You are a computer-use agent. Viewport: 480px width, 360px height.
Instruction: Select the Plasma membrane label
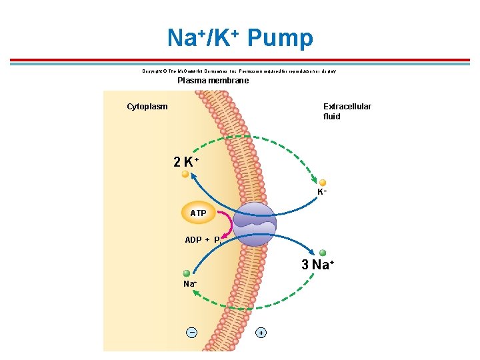click(x=213, y=81)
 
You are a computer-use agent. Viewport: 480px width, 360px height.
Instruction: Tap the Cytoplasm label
click(x=147, y=107)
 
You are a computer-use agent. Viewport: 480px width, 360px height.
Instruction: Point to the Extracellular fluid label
click(x=347, y=111)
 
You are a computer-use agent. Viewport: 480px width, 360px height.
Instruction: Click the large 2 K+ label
click(x=186, y=162)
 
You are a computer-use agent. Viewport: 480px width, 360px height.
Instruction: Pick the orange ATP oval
click(x=198, y=213)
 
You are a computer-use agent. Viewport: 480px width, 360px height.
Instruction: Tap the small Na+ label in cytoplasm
click(x=190, y=284)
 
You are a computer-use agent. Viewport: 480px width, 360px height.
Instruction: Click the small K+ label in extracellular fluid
click(x=322, y=192)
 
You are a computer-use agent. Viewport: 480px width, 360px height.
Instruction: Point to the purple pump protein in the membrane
click(x=255, y=224)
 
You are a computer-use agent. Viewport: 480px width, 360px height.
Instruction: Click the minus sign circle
click(x=192, y=332)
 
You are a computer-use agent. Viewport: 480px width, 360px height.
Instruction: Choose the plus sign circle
click(x=261, y=332)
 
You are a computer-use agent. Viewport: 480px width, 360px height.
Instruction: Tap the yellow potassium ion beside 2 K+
click(x=186, y=173)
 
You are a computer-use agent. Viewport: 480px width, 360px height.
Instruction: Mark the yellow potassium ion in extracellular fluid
click(x=323, y=183)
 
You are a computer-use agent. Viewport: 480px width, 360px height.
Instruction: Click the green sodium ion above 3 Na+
click(x=323, y=253)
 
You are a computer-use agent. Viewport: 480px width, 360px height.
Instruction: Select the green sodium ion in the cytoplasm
click(x=187, y=273)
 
